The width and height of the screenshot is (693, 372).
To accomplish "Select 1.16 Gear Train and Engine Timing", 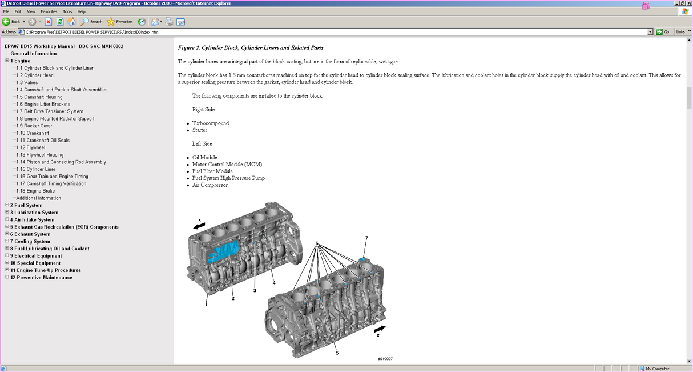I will (52, 177).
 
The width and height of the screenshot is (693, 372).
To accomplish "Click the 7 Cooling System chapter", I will (30, 241).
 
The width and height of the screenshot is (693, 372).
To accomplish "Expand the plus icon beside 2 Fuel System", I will (7, 205).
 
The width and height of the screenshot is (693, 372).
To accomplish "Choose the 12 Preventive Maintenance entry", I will (41, 277).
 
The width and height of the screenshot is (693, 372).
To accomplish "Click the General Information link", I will (33, 54).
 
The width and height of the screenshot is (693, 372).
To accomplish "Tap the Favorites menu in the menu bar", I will (49, 11).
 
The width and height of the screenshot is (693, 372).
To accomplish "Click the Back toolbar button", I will (11, 22).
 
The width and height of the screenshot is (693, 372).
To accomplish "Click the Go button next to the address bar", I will (663, 32).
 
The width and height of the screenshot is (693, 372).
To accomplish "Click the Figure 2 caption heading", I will (251, 47).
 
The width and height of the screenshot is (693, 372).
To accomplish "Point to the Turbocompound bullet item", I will (210, 123).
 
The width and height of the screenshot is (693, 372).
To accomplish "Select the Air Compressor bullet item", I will (209, 185).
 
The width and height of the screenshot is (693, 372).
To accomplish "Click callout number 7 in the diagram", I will (366, 238).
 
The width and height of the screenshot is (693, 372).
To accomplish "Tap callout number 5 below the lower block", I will (337, 353).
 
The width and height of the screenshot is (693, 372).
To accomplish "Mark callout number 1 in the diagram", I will (206, 305).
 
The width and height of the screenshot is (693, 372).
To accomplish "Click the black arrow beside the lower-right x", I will (379, 329).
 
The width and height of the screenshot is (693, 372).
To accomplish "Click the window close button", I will (689, 3).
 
